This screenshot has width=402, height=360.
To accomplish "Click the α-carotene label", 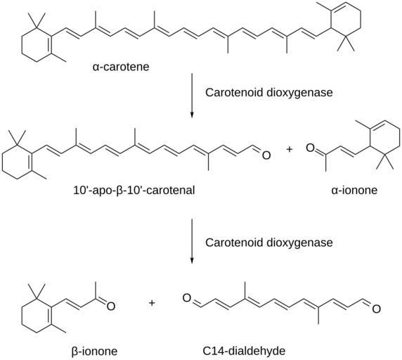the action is click(121, 67).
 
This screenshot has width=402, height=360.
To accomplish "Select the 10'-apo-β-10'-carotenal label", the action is click(134, 191).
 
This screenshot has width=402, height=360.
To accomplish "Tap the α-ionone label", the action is click(354, 191).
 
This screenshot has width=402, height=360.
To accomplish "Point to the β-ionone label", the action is click(94, 351).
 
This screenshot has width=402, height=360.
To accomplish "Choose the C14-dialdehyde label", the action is click(244, 351).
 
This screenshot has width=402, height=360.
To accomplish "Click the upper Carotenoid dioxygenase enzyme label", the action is click(269, 92).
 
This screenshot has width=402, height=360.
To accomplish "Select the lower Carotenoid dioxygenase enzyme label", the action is click(269, 243).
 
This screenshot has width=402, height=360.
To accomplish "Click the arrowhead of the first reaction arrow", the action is click(192, 115).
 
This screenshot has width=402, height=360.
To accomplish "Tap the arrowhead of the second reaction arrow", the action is click(192, 260).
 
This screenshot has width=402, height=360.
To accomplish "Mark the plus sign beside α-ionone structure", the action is click(290, 149).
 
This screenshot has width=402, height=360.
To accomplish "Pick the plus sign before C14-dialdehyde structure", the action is click(152, 303).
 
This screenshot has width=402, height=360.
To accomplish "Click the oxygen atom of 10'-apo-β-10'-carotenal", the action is click(266, 155).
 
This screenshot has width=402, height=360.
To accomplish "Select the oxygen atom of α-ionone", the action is click(311, 148).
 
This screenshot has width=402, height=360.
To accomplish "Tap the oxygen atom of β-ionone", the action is click(111, 306).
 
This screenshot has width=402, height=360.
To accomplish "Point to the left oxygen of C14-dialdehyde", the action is click(187, 298).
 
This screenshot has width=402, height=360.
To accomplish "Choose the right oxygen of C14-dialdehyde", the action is click(376, 309).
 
